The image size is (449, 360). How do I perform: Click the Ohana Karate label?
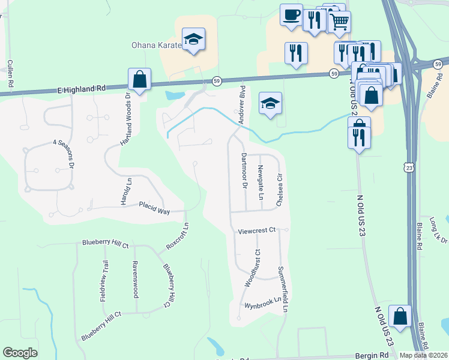(156, 45)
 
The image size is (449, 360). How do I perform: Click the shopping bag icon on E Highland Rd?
(139, 79)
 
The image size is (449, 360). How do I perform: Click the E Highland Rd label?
(82, 88)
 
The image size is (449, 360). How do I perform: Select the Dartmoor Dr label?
(244, 171)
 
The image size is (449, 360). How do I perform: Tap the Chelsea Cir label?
(279, 190)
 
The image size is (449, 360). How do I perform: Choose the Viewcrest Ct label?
(256, 230)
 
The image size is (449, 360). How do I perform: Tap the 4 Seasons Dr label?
(62, 152)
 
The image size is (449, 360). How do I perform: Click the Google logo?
(20, 353)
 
